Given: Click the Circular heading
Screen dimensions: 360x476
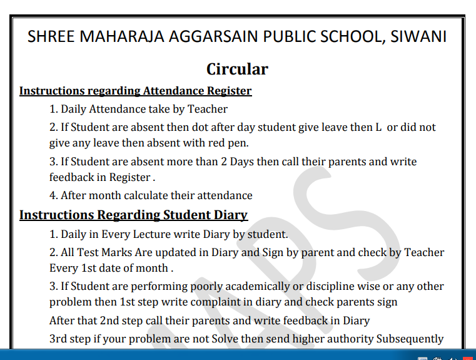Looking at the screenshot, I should [x=237, y=69].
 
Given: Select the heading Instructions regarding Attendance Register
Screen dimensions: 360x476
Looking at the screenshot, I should [x=135, y=91].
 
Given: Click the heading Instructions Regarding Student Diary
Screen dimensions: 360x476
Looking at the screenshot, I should [x=133, y=215].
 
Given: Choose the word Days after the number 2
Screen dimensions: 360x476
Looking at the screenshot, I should [x=245, y=162].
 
